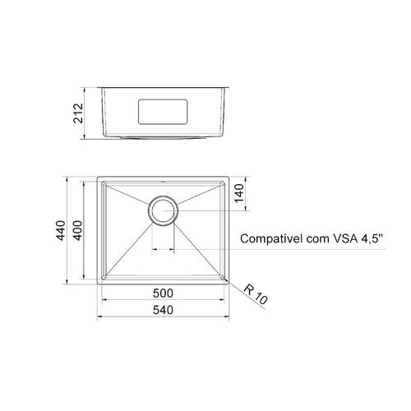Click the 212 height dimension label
[x=78, y=113]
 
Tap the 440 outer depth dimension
[x=61, y=230]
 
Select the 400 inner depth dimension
[x=78, y=230]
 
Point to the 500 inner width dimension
[x=163, y=293]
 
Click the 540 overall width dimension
[x=163, y=310]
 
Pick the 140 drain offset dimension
[x=239, y=193]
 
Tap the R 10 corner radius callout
[x=256, y=294]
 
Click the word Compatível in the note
[x=271, y=239]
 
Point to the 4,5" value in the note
[x=372, y=238]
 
